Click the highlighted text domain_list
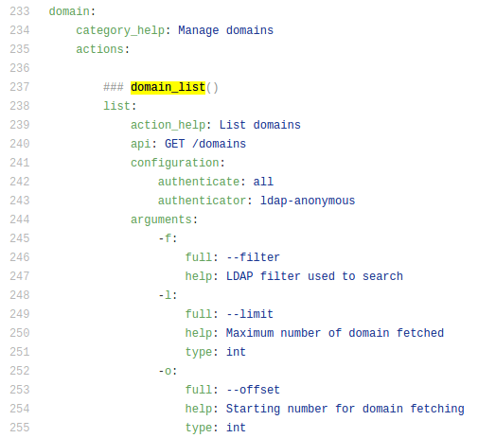click(168, 87)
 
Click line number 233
click(20, 11)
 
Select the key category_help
click(120, 30)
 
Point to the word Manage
click(199, 30)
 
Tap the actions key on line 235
click(99, 49)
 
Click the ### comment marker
click(114, 87)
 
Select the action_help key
click(168, 125)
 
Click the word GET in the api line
click(174, 144)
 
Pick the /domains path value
click(219, 144)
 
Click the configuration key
click(174, 163)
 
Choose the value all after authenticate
click(263, 182)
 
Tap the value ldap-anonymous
click(308, 201)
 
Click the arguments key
click(161, 219)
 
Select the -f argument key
click(165, 238)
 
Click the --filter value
click(253, 257)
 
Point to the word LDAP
click(239, 276)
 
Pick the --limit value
click(250, 314)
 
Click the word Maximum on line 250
click(250, 333)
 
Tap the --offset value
click(253, 390)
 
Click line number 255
click(20, 428)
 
